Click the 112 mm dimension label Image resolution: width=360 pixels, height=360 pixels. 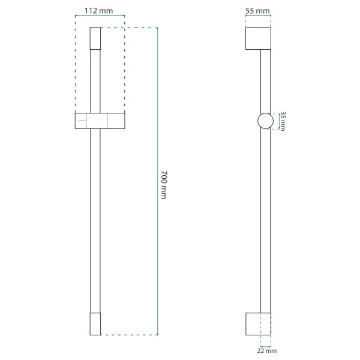pos(99,11)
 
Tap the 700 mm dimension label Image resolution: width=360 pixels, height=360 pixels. pos(164,185)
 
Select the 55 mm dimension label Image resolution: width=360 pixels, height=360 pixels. pos(257,11)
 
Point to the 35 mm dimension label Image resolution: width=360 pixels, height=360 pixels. pos(283,121)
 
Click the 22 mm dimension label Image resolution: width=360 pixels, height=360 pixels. pos(267,351)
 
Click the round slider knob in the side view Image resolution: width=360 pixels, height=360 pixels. pos(266,121)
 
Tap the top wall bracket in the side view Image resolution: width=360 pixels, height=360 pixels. pos(258,38)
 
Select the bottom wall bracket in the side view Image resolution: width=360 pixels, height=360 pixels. pos(258,324)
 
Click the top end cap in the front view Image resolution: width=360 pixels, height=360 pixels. pos(95,38)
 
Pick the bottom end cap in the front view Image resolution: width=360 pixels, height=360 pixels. pos(95,324)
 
